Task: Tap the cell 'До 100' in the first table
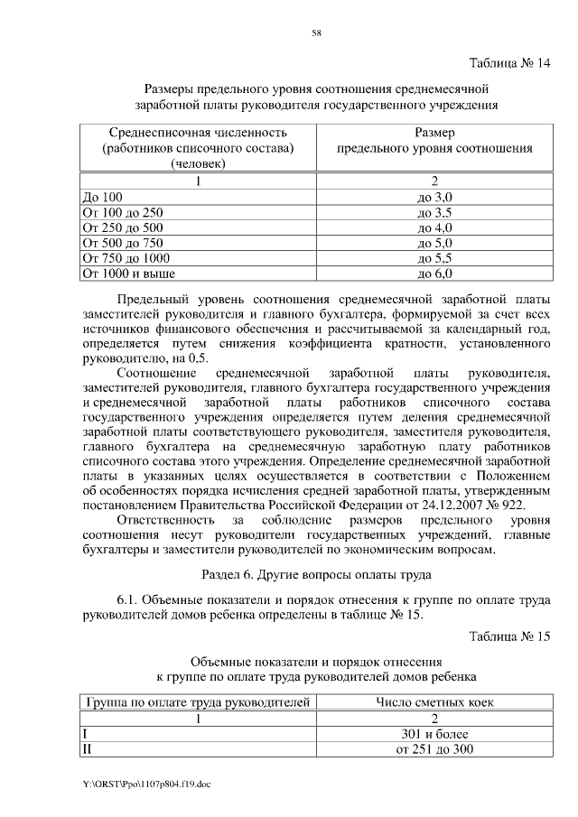point(102,196)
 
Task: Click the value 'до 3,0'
point(433,196)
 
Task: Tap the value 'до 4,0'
point(433,227)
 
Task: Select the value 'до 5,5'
point(433,256)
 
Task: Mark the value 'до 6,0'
point(433,272)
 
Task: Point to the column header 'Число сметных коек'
point(433,701)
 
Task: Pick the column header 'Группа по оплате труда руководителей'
point(198,701)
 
